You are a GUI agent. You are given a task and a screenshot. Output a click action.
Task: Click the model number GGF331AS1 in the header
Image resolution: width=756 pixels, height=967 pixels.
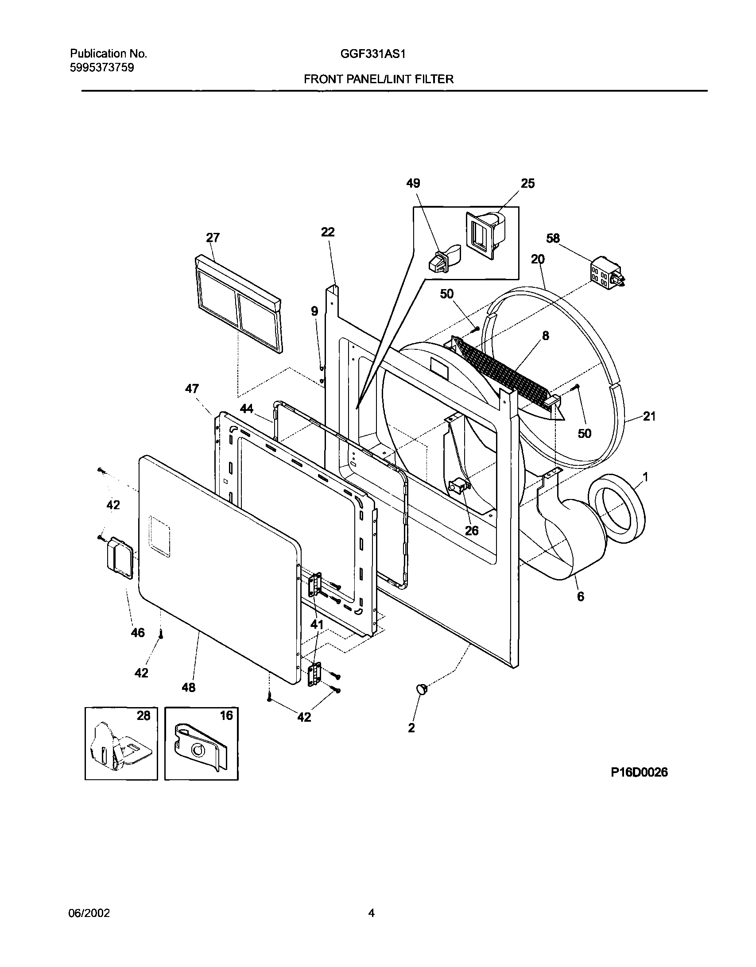(x=373, y=54)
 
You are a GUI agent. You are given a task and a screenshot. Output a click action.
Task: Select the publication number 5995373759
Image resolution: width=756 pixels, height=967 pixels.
(x=102, y=68)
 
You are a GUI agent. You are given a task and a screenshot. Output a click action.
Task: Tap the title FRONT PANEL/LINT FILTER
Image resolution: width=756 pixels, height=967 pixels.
(x=378, y=80)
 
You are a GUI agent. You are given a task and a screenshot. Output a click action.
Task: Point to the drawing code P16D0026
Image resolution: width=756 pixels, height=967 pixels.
(x=639, y=773)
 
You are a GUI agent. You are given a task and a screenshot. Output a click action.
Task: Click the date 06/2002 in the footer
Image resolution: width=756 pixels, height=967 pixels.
(x=89, y=913)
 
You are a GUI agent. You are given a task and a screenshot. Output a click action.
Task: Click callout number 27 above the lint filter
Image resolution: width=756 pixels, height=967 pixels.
(x=213, y=238)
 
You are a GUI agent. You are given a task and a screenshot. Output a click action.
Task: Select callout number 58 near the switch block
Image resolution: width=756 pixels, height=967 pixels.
(x=553, y=239)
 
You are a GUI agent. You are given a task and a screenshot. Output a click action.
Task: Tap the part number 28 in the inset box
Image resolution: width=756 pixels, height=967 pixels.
(x=143, y=716)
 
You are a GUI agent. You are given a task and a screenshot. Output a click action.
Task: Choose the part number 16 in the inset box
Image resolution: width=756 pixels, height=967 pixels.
(x=226, y=716)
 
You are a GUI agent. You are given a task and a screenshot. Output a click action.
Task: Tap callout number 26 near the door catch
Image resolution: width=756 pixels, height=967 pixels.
(x=472, y=530)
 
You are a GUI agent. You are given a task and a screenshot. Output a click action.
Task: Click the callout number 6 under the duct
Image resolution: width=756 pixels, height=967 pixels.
(x=580, y=596)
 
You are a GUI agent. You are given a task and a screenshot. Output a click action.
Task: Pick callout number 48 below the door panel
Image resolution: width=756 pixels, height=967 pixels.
(x=189, y=688)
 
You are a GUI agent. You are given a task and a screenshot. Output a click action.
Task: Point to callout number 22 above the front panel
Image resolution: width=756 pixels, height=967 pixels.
(x=328, y=232)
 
